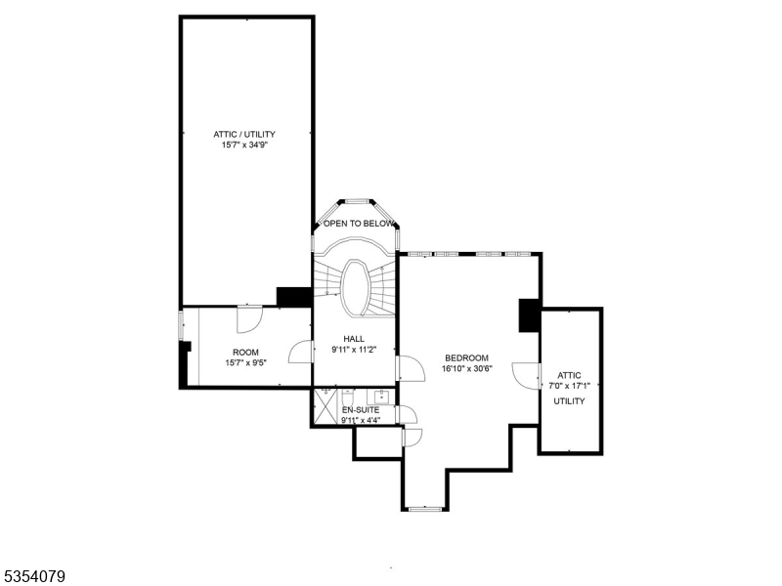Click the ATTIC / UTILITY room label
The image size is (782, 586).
pos(244,134)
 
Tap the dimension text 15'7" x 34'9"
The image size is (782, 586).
pos(244,146)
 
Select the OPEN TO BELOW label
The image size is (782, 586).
pos(359,224)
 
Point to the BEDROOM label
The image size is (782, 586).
pos(466,357)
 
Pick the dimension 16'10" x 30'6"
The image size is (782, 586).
pos(466,369)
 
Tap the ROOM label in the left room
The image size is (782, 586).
pos(245,352)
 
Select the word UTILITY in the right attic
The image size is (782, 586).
pos(569,400)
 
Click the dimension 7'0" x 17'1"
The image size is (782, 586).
pos(569,386)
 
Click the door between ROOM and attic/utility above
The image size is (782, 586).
pos(249,318)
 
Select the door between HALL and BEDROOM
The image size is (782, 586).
pos(409,368)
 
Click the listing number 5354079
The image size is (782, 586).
pos(34,577)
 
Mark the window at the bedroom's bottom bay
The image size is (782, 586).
pos(425,508)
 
